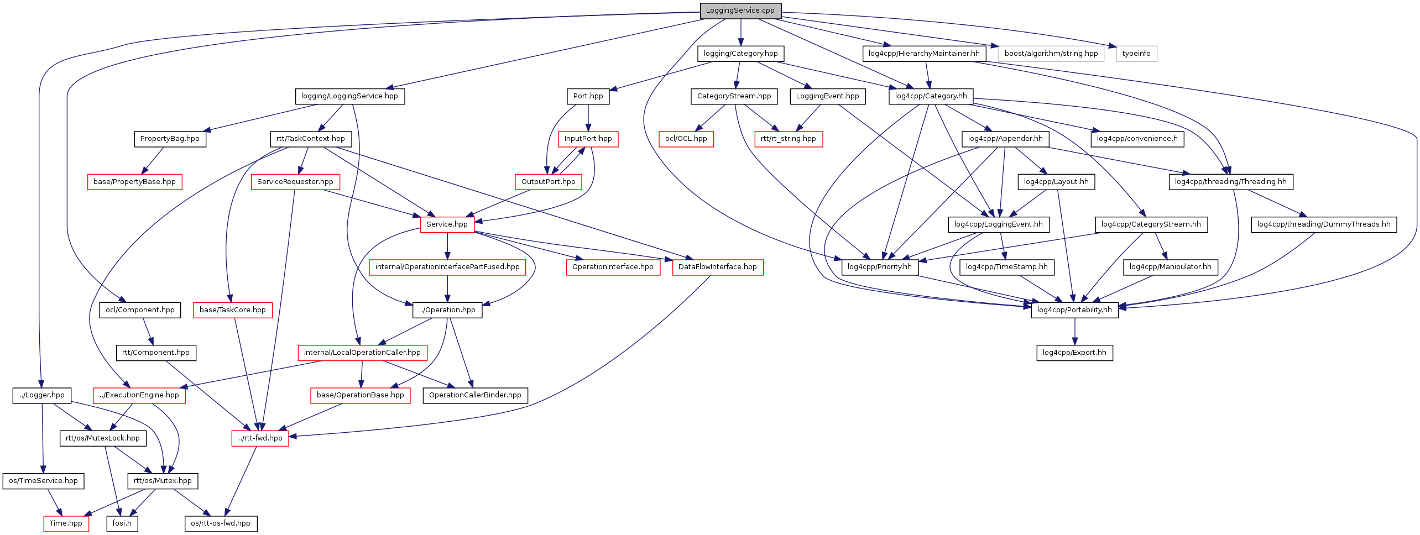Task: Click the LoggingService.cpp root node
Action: (x=740, y=11)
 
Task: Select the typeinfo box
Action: (x=1136, y=54)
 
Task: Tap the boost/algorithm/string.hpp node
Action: (x=1051, y=54)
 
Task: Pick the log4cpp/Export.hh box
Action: (x=1074, y=353)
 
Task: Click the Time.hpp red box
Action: (x=66, y=523)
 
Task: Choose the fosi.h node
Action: (x=122, y=523)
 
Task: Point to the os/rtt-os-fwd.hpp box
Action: (x=221, y=523)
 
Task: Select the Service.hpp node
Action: (x=447, y=224)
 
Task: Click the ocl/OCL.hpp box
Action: (x=686, y=139)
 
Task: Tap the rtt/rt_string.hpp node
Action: (x=789, y=139)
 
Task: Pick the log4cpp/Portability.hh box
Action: (x=1074, y=310)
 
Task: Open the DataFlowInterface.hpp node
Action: (x=717, y=267)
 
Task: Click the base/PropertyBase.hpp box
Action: (x=134, y=182)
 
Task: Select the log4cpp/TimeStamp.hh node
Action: (x=1006, y=267)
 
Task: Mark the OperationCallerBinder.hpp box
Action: (x=475, y=395)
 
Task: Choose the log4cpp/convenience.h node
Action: (x=1137, y=139)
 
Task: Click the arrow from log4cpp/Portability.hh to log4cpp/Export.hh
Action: (x=1074, y=332)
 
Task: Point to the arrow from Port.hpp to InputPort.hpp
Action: (x=588, y=117)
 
